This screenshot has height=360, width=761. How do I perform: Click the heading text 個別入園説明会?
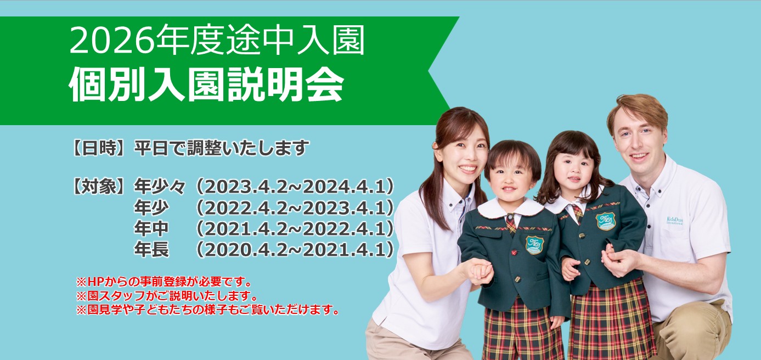pos(206,84)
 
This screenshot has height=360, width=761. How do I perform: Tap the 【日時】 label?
pos(99,148)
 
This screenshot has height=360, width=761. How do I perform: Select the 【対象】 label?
pos(99,187)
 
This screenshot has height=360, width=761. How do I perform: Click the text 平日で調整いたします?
pos(222,148)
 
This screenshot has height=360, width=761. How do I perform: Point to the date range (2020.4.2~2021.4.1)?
pos(295,250)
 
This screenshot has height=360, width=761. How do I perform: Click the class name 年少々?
pos(160,187)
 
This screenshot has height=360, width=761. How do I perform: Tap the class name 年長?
pos(151,250)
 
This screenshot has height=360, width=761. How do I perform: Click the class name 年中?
pos(151,229)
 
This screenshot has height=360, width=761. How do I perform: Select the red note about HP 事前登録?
pos(164,282)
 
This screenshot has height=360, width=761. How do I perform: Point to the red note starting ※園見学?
pos(207,310)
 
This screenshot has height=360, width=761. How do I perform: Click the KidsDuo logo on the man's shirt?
pos(675,221)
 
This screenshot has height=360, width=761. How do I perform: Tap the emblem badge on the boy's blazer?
pos(534,245)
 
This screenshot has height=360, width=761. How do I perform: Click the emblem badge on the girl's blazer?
pos(605,221)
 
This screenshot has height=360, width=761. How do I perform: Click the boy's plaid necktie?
pos(511,223)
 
